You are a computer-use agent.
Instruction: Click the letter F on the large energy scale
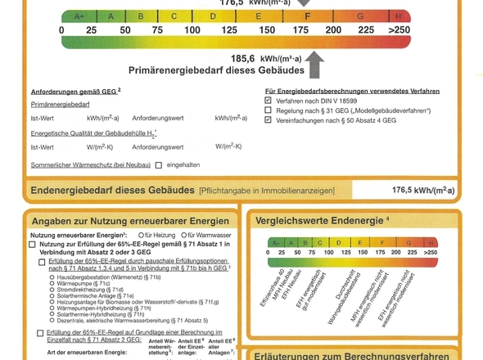(307, 16)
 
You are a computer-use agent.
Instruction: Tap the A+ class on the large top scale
(79, 16)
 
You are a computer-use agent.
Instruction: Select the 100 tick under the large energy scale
(192, 30)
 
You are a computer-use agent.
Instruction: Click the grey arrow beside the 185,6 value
(315, 64)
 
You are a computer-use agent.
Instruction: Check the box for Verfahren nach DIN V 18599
(269, 101)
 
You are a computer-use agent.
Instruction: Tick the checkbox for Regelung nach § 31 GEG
(269, 110)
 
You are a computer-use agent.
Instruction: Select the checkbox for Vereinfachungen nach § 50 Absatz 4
(269, 120)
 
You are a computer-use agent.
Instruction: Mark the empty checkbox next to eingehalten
(159, 165)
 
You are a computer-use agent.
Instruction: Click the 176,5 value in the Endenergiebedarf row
(422, 190)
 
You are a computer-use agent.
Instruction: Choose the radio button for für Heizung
(142, 236)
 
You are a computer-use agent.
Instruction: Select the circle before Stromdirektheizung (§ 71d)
(53, 289)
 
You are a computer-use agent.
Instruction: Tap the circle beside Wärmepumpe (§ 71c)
(53, 283)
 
